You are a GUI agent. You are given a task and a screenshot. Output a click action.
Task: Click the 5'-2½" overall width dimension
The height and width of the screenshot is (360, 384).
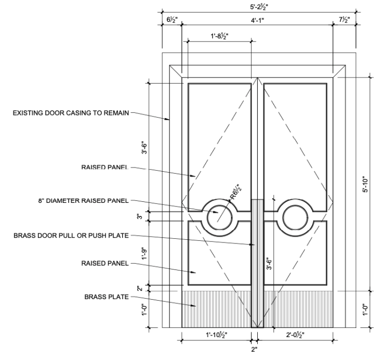258,6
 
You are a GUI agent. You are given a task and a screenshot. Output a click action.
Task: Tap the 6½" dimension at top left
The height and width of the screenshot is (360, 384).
172,20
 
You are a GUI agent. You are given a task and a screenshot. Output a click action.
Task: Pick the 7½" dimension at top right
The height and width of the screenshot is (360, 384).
343,20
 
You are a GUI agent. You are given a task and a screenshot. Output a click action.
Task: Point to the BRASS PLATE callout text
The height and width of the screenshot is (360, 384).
106,297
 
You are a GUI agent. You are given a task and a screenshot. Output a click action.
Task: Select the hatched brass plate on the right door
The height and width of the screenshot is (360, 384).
298,309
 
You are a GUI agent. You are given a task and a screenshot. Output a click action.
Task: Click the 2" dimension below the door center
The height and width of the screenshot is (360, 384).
255,349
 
